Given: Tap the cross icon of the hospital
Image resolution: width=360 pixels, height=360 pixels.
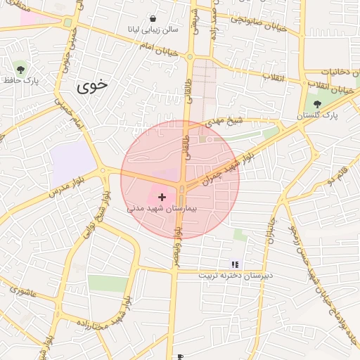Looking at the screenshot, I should click(162, 198).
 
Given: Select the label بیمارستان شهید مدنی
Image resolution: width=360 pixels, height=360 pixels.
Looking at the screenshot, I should click(163, 209).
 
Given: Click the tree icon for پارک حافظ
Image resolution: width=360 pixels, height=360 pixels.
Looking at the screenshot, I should click(20, 69).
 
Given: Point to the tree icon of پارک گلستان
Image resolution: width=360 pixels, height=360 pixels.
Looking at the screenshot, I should click(317, 104).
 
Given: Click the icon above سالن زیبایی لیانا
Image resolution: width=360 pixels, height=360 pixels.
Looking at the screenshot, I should click(154, 18).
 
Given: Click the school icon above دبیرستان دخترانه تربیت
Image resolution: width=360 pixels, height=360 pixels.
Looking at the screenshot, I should click(235, 264).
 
